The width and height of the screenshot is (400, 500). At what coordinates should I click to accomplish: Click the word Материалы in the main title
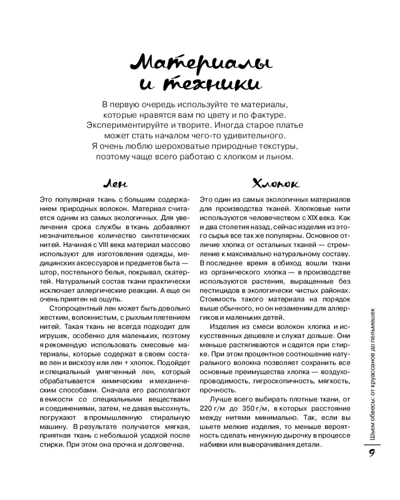pos(198,63)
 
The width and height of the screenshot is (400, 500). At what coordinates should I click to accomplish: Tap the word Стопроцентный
pos(72,306)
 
